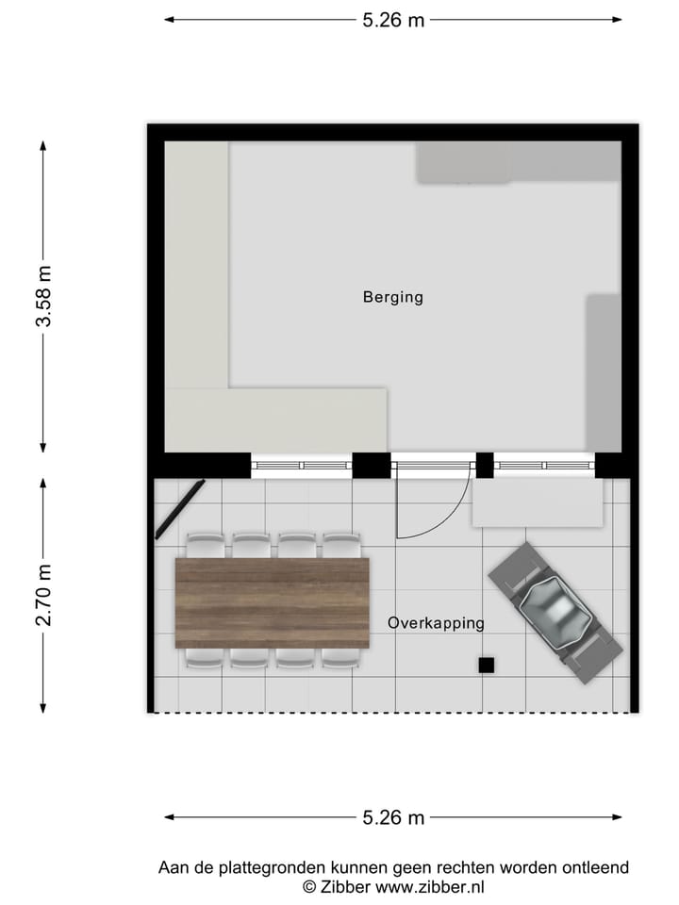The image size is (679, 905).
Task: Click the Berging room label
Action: click(x=393, y=297)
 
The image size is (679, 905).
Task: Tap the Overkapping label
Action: click(x=436, y=623)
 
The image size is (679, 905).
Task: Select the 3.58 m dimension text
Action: click(x=43, y=296)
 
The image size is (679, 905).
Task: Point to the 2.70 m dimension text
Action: click(x=43, y=595)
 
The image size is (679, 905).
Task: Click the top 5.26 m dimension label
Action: click(x=393, y=20)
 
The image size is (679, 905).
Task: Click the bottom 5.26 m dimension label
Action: click(x=393, y=817)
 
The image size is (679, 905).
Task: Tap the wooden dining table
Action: click(x=273, y=602)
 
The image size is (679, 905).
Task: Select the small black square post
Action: click(x=486, y=665)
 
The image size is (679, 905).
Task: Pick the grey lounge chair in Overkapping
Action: click(x=555, y=613)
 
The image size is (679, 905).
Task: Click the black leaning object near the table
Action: click(x=180, y=509)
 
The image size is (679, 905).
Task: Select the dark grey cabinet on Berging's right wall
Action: click(x=604, y=372)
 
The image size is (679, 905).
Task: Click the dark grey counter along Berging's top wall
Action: click(x=518, y=162)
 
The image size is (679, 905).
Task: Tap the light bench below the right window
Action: click(x=538, y=503)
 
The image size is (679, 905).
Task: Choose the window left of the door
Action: click(x=302, y=465)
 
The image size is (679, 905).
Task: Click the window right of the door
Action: click(x=544, y=465)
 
